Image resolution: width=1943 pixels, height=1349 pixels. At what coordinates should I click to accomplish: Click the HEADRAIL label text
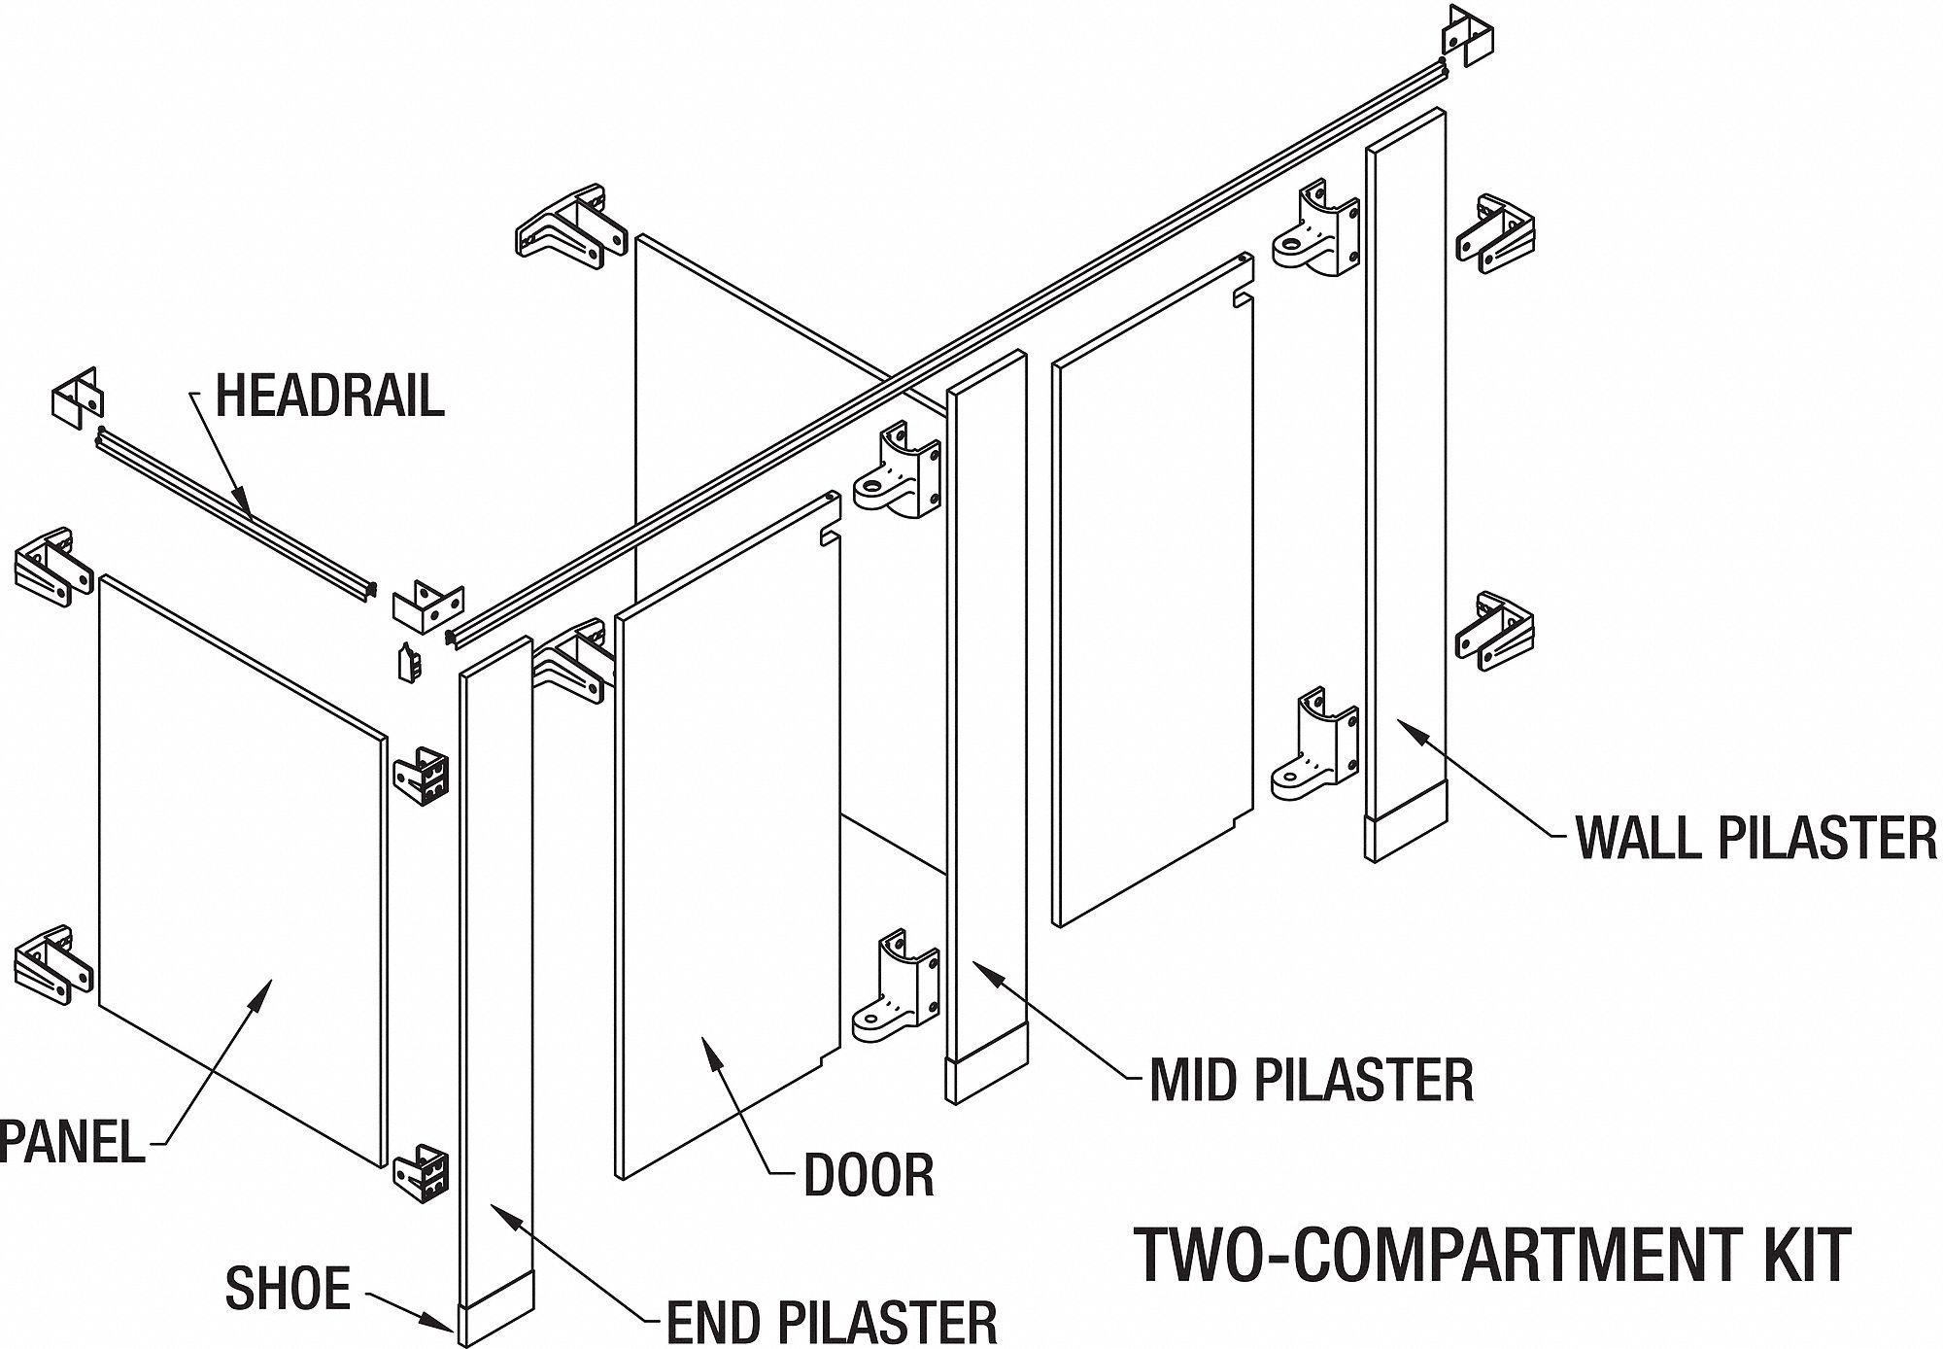329,396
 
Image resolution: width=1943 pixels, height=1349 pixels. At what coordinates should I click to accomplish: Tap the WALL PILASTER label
1756,837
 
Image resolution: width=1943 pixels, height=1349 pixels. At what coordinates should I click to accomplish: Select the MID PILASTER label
1311,1080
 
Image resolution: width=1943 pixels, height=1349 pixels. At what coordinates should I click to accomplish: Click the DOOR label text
869,1175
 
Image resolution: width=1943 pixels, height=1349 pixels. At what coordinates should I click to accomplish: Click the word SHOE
287,1289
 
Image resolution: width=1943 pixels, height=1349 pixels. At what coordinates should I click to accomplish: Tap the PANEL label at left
73,1141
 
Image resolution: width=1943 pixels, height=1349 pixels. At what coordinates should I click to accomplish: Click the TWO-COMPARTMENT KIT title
1492,1256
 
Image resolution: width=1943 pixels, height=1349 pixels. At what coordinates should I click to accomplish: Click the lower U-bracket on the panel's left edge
53,965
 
